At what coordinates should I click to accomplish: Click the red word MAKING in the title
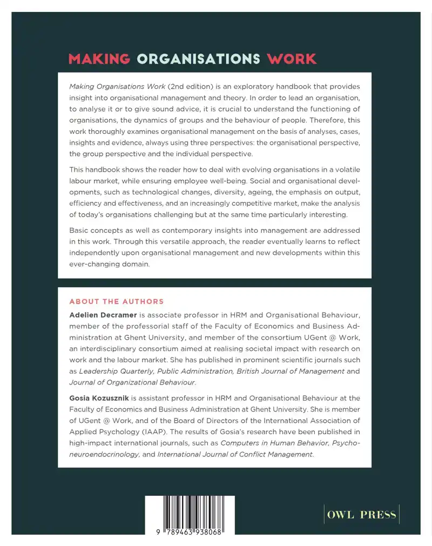coord(100,59)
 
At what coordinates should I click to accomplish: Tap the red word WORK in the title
coord(292,59)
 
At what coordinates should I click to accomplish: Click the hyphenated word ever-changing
coord(96,265)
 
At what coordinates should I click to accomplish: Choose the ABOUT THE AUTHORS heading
coord(116,301)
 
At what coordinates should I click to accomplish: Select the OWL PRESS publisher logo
coord(361,515)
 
